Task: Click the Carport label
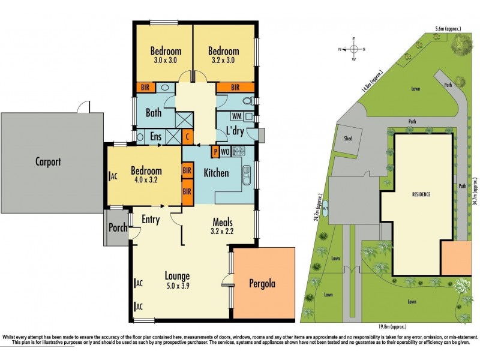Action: point(48,161)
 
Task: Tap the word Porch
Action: point(116,227)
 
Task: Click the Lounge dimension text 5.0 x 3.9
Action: point(178,286)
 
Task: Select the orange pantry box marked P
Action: point(214,151)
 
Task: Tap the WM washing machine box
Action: point(236,116)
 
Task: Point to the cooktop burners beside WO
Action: point(237,151)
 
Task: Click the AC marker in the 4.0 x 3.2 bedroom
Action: point(113,176)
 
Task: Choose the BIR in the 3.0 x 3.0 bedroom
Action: point(145,87)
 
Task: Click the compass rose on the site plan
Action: point(354,49)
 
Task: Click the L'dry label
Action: point(234,131)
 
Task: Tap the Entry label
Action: point(150,220)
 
